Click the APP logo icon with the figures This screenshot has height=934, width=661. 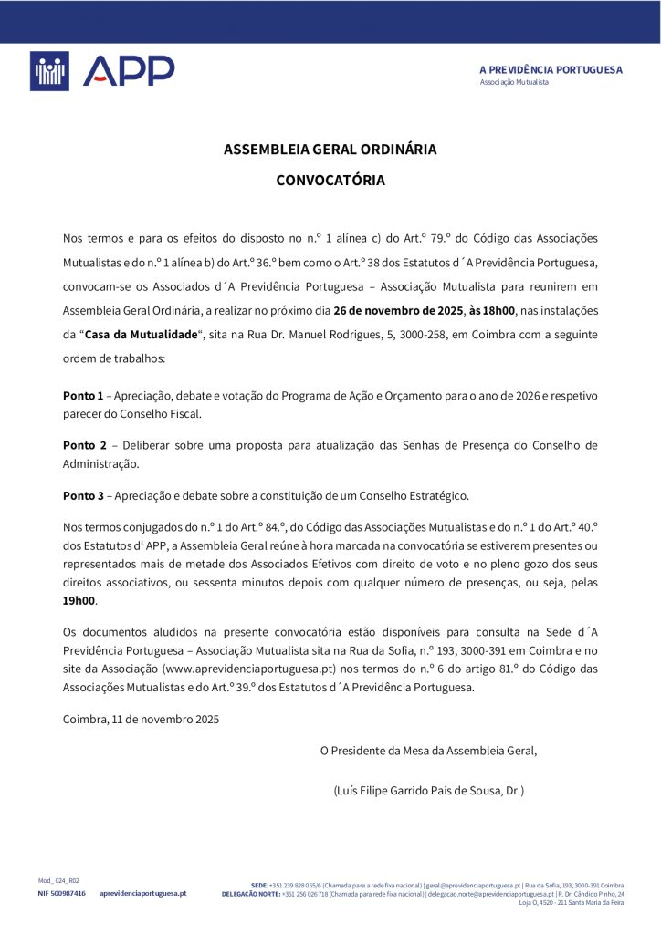(x=49, y=71)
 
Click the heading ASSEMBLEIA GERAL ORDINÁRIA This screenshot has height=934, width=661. (x=330, y=149)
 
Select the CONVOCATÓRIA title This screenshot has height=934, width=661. (x=330, y=181)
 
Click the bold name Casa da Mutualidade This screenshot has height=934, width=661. (x=142, y=334)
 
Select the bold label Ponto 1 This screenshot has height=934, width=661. (x=83, y=395)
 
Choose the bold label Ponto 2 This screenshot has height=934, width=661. (x=85, y=445)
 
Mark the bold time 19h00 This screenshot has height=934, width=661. (x=79, y=601)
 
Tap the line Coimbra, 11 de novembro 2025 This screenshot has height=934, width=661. (x=141, y=719)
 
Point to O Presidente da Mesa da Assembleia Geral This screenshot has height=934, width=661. (x=428, y=751)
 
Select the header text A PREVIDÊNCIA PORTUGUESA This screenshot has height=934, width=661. (x=551, y=69)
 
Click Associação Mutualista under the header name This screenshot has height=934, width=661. (x=514, y=82)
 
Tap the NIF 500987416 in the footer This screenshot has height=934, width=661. (x=61, y=893)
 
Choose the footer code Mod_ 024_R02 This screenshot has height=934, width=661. (x=58, y=880)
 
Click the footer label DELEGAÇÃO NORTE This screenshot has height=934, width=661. (x=251, y=894)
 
